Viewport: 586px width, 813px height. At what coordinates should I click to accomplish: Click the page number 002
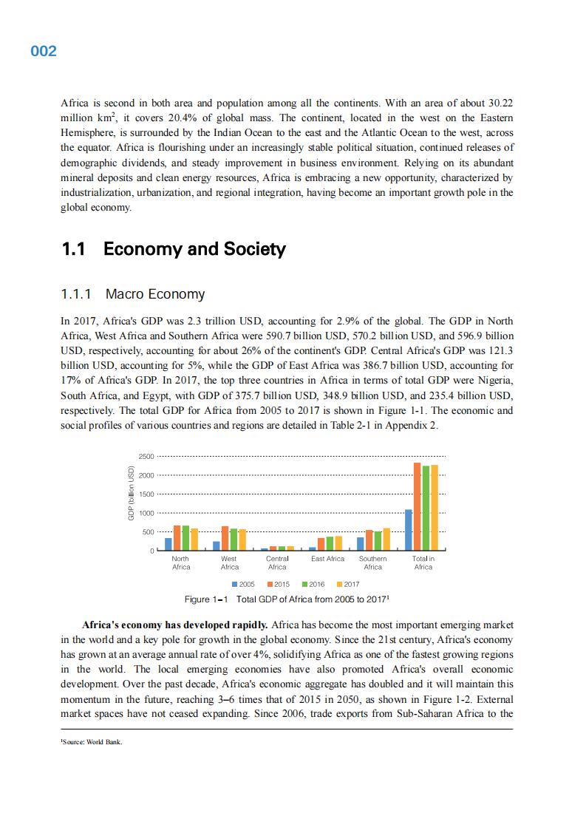[44, 51]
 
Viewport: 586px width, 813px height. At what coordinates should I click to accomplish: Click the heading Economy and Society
[194, 249]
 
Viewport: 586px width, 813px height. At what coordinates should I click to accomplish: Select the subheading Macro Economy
[155, 294]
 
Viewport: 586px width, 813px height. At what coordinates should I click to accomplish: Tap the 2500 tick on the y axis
[146, 456]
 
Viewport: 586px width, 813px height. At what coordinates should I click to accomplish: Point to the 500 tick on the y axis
[148, 532]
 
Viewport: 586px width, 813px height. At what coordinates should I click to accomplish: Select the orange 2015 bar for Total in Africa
[417, 507]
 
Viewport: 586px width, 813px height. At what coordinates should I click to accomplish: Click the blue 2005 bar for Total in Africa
[409, 530]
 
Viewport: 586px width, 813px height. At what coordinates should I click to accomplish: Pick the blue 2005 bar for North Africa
[168, 544]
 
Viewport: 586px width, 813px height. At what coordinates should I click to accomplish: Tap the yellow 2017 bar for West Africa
[242, 540]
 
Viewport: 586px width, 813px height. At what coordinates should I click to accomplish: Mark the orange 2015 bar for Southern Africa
[369, 540]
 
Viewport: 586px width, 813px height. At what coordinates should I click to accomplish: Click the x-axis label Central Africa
[277, 563]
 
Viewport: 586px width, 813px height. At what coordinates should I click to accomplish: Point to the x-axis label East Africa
[328, 559]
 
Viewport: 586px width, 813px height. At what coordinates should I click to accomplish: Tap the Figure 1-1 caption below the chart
[287, 599]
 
